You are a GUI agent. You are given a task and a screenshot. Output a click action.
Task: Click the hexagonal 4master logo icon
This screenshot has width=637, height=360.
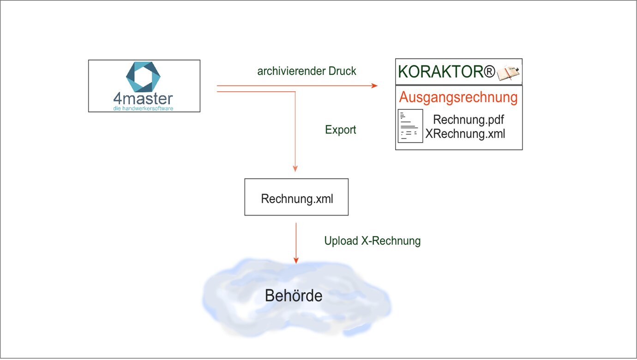click(x=143, y=76)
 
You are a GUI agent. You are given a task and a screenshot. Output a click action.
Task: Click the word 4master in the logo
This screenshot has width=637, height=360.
click(x=143, y=99)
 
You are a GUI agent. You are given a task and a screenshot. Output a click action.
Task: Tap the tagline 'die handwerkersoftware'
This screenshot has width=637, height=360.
click(x=143, y=108)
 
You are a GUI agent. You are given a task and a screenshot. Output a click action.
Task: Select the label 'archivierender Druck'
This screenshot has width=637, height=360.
click(x=307, y=72)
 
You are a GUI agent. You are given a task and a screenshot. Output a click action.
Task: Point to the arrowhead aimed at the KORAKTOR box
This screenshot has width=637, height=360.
click(x=374, y=86)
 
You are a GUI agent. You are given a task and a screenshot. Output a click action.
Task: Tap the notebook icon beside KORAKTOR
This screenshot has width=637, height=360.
click(x=508, y=73)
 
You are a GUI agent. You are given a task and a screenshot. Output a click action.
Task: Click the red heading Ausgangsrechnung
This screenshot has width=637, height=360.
click(x=458, y=98)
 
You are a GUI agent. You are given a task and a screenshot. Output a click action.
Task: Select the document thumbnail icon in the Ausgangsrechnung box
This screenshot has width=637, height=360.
click(x=410, y=126)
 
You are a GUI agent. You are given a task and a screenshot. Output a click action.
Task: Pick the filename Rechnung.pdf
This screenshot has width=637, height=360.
click(x=468, y=120)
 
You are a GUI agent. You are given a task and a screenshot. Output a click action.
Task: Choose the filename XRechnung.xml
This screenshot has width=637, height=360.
click(x=465, y=134)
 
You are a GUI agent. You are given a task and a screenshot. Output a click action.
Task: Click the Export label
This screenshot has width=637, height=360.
click(x=341, y=130)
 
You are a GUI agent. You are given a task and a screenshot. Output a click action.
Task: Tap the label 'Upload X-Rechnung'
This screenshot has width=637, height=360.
click(x=372, y=241)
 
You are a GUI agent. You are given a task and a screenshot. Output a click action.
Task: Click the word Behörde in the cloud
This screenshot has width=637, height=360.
click(x=294, y=296)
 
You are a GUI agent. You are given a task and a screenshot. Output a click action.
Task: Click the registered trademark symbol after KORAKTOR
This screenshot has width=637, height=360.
click(x=489, y=72)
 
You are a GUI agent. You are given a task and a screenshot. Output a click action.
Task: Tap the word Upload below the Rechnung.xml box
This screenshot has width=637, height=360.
click(x=341, y=241)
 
